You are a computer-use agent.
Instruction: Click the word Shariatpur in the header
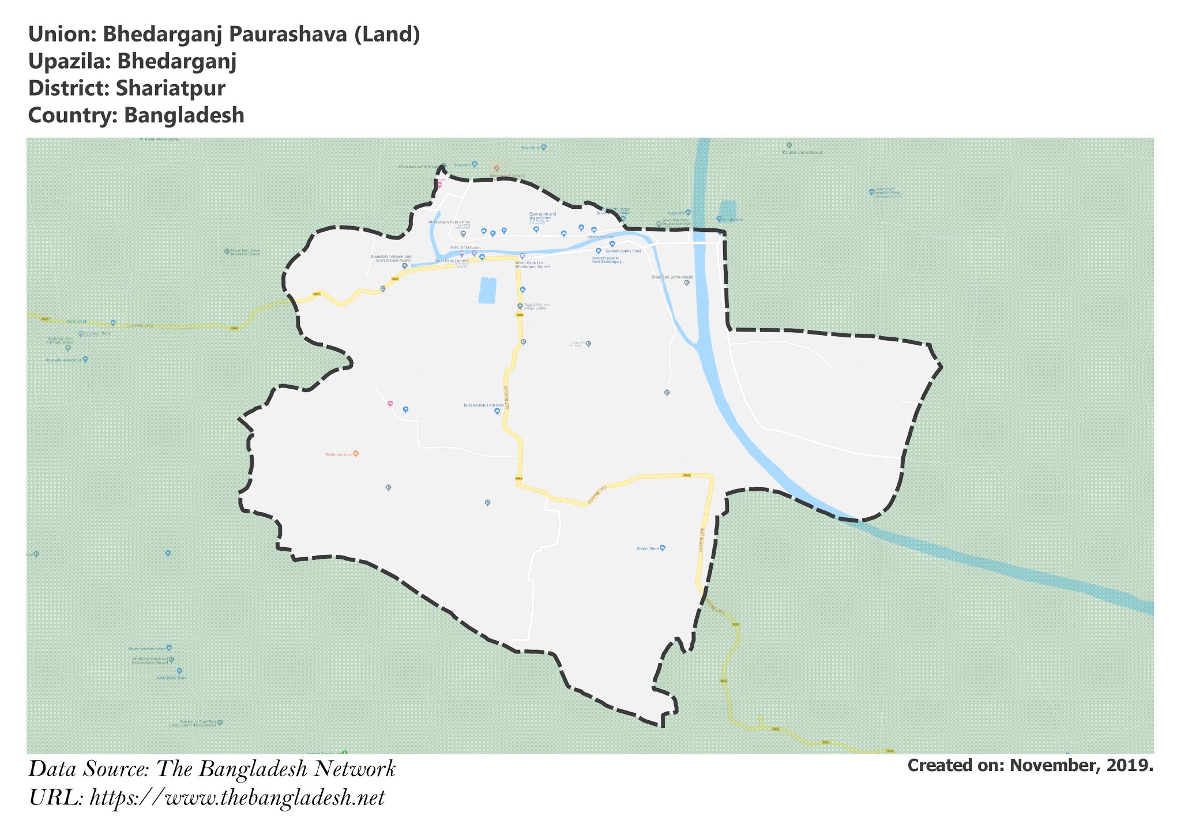(170, 88)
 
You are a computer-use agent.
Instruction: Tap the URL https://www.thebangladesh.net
(237, 798)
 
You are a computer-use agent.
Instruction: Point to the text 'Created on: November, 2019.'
(1030, 765)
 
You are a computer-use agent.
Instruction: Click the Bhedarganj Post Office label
(449, 222)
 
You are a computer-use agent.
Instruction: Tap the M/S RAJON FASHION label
(484, 405)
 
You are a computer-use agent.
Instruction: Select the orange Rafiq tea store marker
(356, 454)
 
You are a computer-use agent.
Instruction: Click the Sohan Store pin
(662, 548)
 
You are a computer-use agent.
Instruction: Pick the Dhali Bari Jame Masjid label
(672, 277)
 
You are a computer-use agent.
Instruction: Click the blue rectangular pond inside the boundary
(487, 290)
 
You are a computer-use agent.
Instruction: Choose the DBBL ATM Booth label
(465, 248)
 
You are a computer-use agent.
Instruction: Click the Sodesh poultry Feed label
(623, 251)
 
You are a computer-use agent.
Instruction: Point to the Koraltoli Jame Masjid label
(802, 152)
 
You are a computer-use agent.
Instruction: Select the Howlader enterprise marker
(85, 359)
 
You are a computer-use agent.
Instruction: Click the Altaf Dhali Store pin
(179, 671)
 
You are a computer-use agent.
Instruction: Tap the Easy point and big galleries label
(543, 216)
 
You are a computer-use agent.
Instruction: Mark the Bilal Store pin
(544, 148)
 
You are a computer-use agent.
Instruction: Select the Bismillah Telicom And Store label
(392, 258)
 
